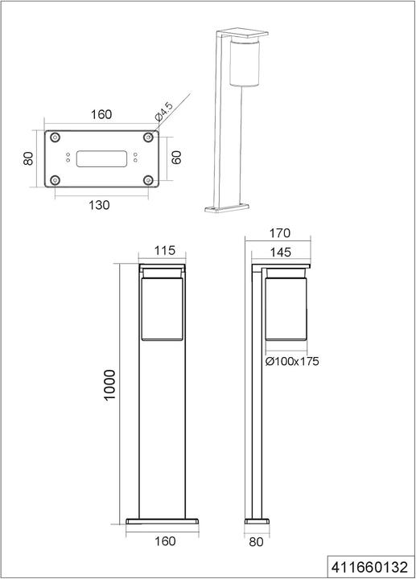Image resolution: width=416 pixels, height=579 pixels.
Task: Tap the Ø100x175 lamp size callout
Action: pos(292,362)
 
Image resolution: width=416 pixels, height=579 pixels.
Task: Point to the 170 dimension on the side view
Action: pos(278,233)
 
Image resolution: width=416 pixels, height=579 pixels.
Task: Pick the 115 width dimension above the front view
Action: pos(164,251)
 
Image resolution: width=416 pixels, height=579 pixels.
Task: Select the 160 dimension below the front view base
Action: pos(164,541)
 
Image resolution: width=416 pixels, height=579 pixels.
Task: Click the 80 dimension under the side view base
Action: pos(257,541)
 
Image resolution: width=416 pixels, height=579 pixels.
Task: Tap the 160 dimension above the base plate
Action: pos(101,115)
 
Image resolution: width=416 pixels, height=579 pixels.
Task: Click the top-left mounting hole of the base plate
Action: pos(55,138)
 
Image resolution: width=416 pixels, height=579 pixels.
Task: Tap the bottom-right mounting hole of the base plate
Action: pos(147,180)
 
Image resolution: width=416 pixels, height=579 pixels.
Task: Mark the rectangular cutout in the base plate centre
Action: pos(101,159)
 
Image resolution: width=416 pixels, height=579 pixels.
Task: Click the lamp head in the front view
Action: pos(164,306)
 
